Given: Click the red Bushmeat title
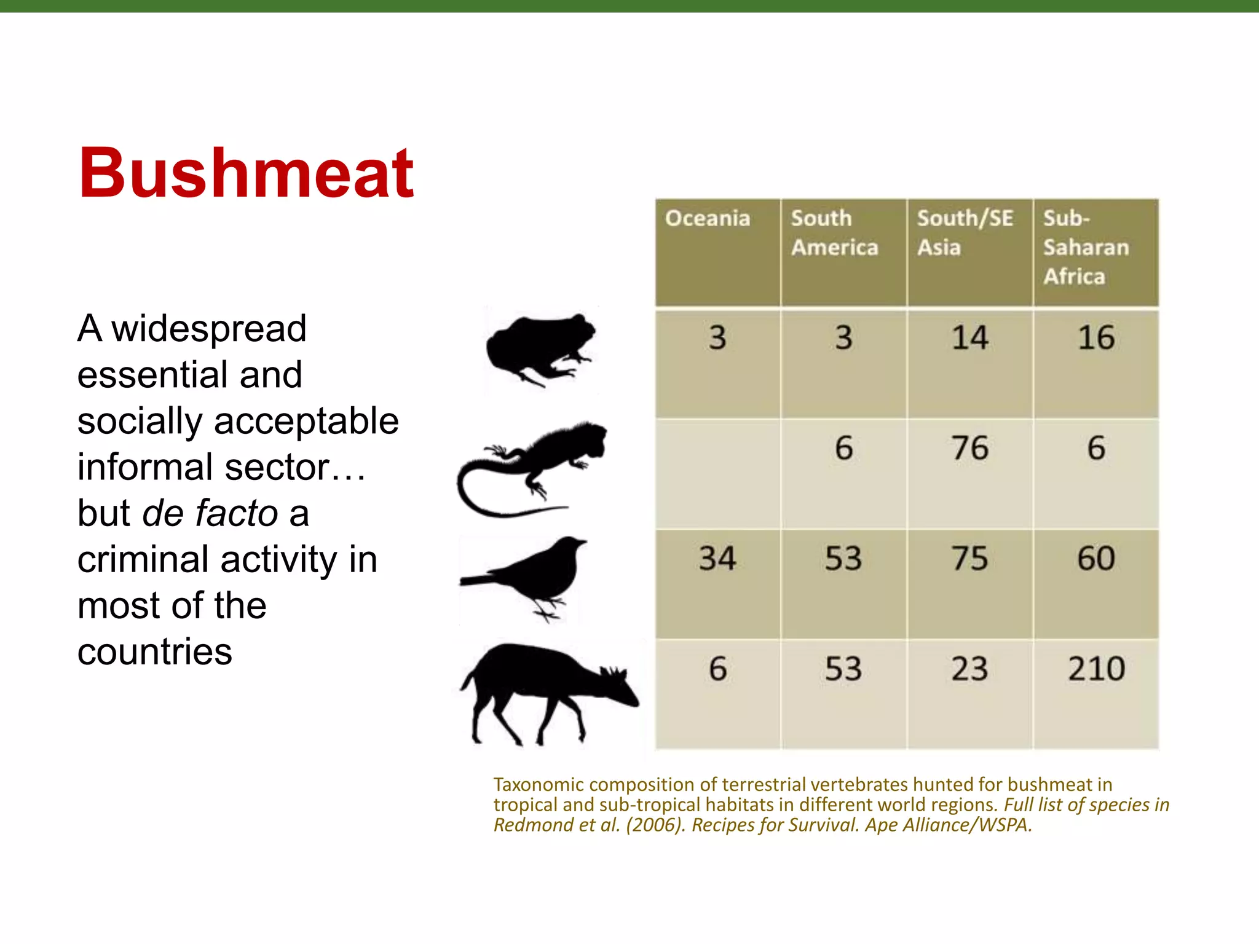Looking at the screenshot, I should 246,174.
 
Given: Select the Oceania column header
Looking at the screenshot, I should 708,219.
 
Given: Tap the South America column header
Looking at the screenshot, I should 834,233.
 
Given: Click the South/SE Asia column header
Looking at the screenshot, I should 965,233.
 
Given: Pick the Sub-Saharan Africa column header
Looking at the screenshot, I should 1086,247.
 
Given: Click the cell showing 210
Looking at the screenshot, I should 1096,669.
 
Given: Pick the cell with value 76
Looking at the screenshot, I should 969,448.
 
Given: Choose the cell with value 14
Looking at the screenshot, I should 969,338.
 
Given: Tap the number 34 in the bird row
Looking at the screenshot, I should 717,559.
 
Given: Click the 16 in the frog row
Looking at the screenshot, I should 1096,338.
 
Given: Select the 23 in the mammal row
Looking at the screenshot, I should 969,669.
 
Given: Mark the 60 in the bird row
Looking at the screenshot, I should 1096,559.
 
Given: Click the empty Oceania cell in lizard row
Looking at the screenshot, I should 717,473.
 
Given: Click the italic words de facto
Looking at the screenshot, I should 210,514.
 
